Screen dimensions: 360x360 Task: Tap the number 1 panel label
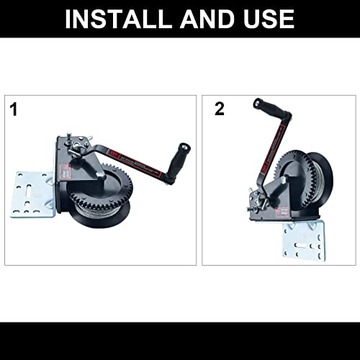(14, 110)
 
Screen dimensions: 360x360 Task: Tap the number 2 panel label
(219, 109)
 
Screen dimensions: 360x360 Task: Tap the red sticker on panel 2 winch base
(285, 211)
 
